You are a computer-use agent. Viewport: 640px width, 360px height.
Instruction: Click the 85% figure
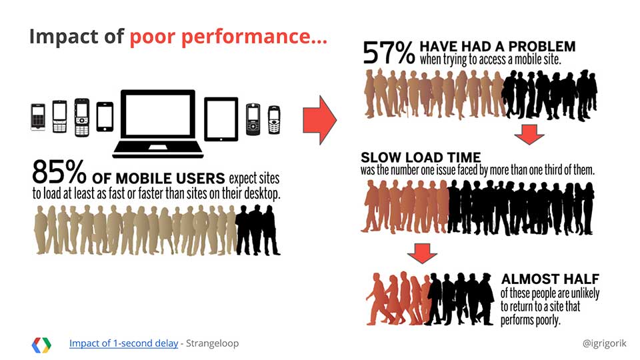59,172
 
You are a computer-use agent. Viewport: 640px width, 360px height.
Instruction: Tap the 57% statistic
389,53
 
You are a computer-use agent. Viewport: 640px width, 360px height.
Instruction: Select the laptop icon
157,124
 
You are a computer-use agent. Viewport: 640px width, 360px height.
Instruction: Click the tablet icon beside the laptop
221,119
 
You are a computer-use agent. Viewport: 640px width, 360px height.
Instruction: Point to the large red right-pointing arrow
319,120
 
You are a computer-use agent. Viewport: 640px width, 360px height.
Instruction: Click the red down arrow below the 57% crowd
529,134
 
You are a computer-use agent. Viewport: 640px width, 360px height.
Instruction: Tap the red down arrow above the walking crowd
422,253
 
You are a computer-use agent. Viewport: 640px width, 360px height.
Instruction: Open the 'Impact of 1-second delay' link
124,343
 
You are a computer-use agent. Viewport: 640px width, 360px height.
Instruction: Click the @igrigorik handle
605,343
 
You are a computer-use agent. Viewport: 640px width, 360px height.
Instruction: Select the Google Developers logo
41,345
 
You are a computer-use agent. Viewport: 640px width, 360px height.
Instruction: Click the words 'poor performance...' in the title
228,37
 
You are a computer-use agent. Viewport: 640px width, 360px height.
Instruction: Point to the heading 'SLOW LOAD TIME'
421,157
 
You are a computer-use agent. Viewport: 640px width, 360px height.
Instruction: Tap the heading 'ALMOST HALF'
550,279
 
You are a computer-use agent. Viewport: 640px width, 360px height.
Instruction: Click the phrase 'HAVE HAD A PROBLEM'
497,46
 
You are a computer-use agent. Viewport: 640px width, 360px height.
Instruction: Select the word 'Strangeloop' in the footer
212,343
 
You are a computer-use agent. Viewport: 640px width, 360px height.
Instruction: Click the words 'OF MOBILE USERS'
159,179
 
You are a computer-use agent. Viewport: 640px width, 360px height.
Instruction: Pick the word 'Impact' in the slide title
64,37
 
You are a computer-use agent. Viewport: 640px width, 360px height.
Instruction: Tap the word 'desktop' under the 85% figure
261,193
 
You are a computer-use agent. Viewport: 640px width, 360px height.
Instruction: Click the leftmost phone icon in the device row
38,117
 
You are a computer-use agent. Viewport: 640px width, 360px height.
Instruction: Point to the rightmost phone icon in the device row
274,119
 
